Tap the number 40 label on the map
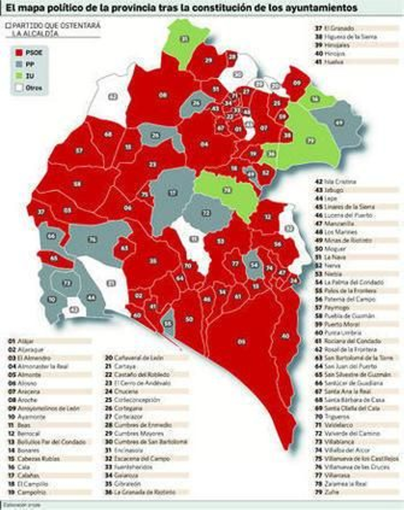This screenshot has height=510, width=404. click(285, 336)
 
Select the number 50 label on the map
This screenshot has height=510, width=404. click(189, 319)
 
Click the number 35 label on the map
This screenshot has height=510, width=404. click(153, 261)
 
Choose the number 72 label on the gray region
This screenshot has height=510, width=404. click(206, 213)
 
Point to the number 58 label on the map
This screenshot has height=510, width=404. click(77, 184)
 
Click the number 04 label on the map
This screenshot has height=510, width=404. click(204, 144)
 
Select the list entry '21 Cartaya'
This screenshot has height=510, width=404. click(121, 366)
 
